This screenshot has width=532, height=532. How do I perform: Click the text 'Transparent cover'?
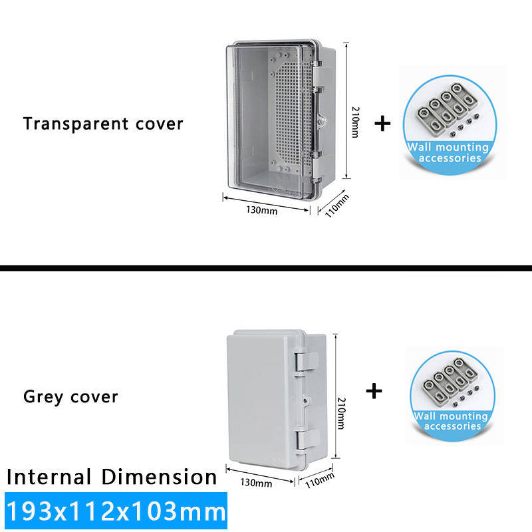(103, 124)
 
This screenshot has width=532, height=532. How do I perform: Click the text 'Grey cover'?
(70, 397)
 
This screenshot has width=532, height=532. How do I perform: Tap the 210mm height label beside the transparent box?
(354, 124)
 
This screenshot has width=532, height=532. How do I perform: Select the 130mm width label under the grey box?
(256, 483)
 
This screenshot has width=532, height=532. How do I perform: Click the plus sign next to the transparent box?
(382, 124)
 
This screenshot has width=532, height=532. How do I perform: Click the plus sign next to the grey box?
(375, 390)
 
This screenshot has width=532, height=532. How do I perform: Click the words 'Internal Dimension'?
(112, 477)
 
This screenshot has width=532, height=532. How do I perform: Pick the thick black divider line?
(266, 268)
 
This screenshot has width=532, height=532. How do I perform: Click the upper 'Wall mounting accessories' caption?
(448, 152)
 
